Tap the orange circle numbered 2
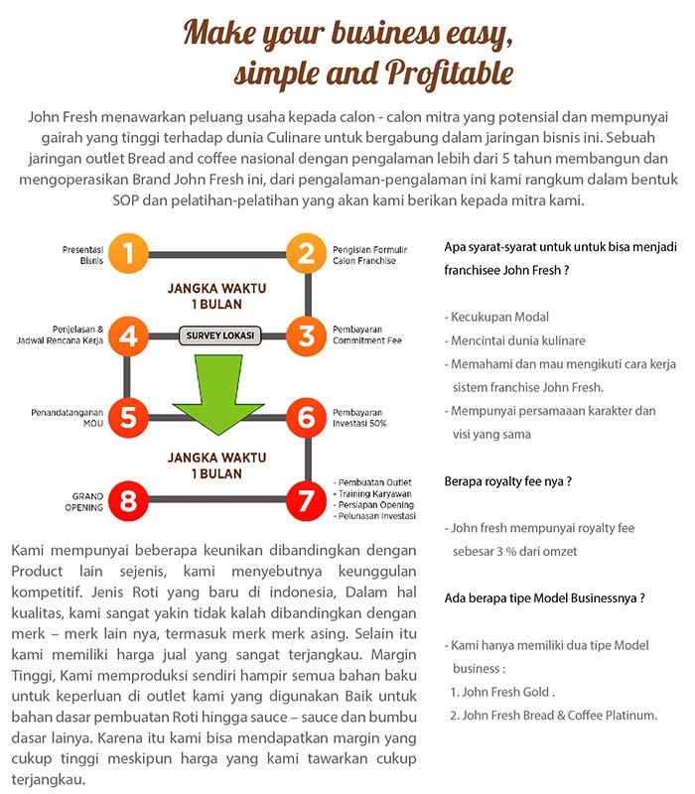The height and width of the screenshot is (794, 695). tap(306, 254)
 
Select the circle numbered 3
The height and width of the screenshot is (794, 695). tap(306, 335)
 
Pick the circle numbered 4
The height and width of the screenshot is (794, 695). tap(128, 335)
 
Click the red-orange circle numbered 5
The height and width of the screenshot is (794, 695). tap(128, 418)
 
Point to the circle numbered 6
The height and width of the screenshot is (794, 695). tap(306, 418)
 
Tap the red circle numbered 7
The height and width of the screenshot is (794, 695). tap(306, 501)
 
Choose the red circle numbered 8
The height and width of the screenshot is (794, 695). tap(128, 501)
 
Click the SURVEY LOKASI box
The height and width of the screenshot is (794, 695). tap(217, 335)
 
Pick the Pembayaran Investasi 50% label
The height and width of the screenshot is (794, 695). tap(360, 418)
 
